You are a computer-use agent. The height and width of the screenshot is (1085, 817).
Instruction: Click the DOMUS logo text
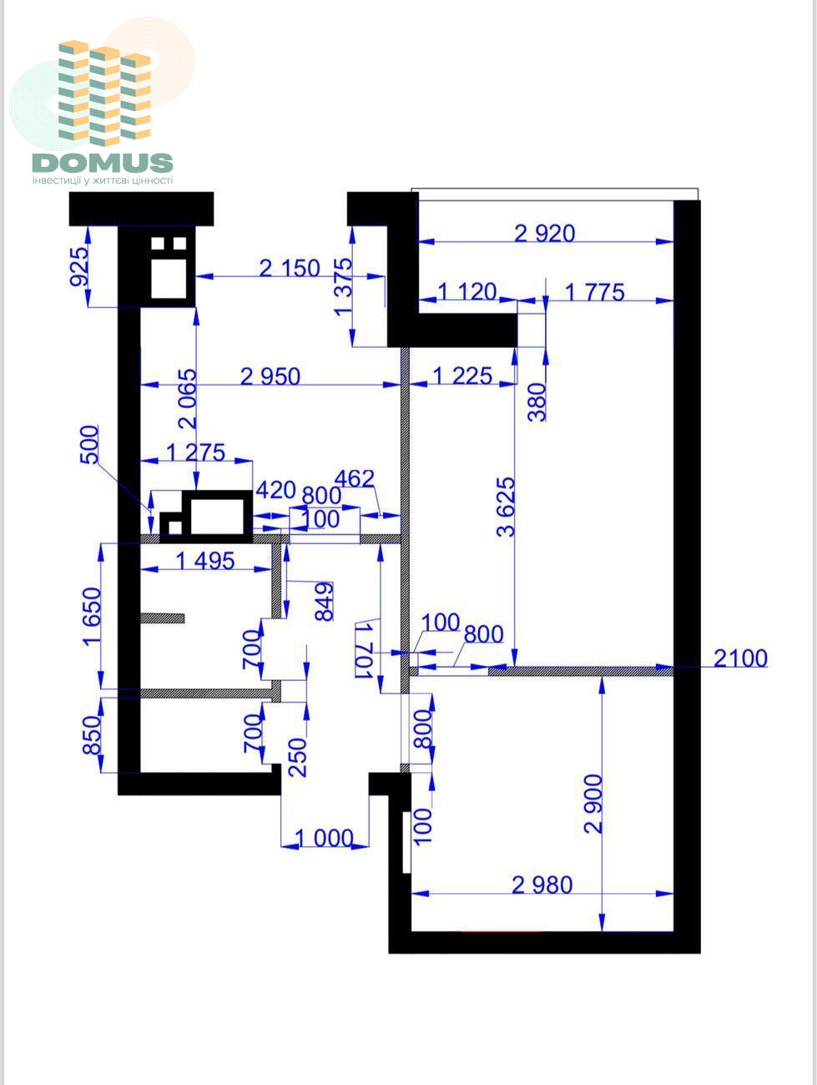[x=103, y=163]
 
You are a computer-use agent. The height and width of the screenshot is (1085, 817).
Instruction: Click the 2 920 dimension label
[x=545, y=234]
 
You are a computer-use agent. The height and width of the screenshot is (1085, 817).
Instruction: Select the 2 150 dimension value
[x=290, y=269]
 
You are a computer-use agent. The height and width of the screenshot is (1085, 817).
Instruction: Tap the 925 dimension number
[x=79, y=267]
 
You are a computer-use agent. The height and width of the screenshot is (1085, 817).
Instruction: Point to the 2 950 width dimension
[x=270, y=376]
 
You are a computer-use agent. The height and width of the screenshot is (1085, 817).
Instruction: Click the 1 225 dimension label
[x=462, y=376]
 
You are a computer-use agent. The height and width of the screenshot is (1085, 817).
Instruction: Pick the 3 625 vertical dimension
[x=506, y=507]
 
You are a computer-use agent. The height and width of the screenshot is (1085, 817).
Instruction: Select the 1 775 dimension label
[x=594, y=292]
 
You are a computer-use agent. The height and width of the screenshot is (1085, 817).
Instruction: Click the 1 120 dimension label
[x=467, y=291]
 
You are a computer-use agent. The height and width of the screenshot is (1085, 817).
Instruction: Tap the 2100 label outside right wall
[x=740, y=659]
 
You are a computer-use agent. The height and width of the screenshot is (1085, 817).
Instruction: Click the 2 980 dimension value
[x=542, y=885]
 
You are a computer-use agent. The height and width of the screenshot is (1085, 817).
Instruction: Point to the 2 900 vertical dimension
[x=593, y=805]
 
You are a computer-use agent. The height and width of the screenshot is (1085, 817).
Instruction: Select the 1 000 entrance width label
[x=325, y=838]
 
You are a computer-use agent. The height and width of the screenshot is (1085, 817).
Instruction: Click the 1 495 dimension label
[x=205, y=561]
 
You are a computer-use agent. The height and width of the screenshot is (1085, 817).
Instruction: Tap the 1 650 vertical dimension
[x=93, y=617]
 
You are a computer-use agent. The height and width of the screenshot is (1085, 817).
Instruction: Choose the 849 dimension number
[x=325, y=602]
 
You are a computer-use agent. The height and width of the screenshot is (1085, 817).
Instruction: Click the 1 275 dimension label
[x=196, y=452]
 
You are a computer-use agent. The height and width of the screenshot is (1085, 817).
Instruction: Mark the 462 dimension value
[x=355, y=478]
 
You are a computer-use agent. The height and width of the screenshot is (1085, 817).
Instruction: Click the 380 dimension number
[x=537, y=401]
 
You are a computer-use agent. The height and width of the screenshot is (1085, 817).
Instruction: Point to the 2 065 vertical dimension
[x=188, y=398]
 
